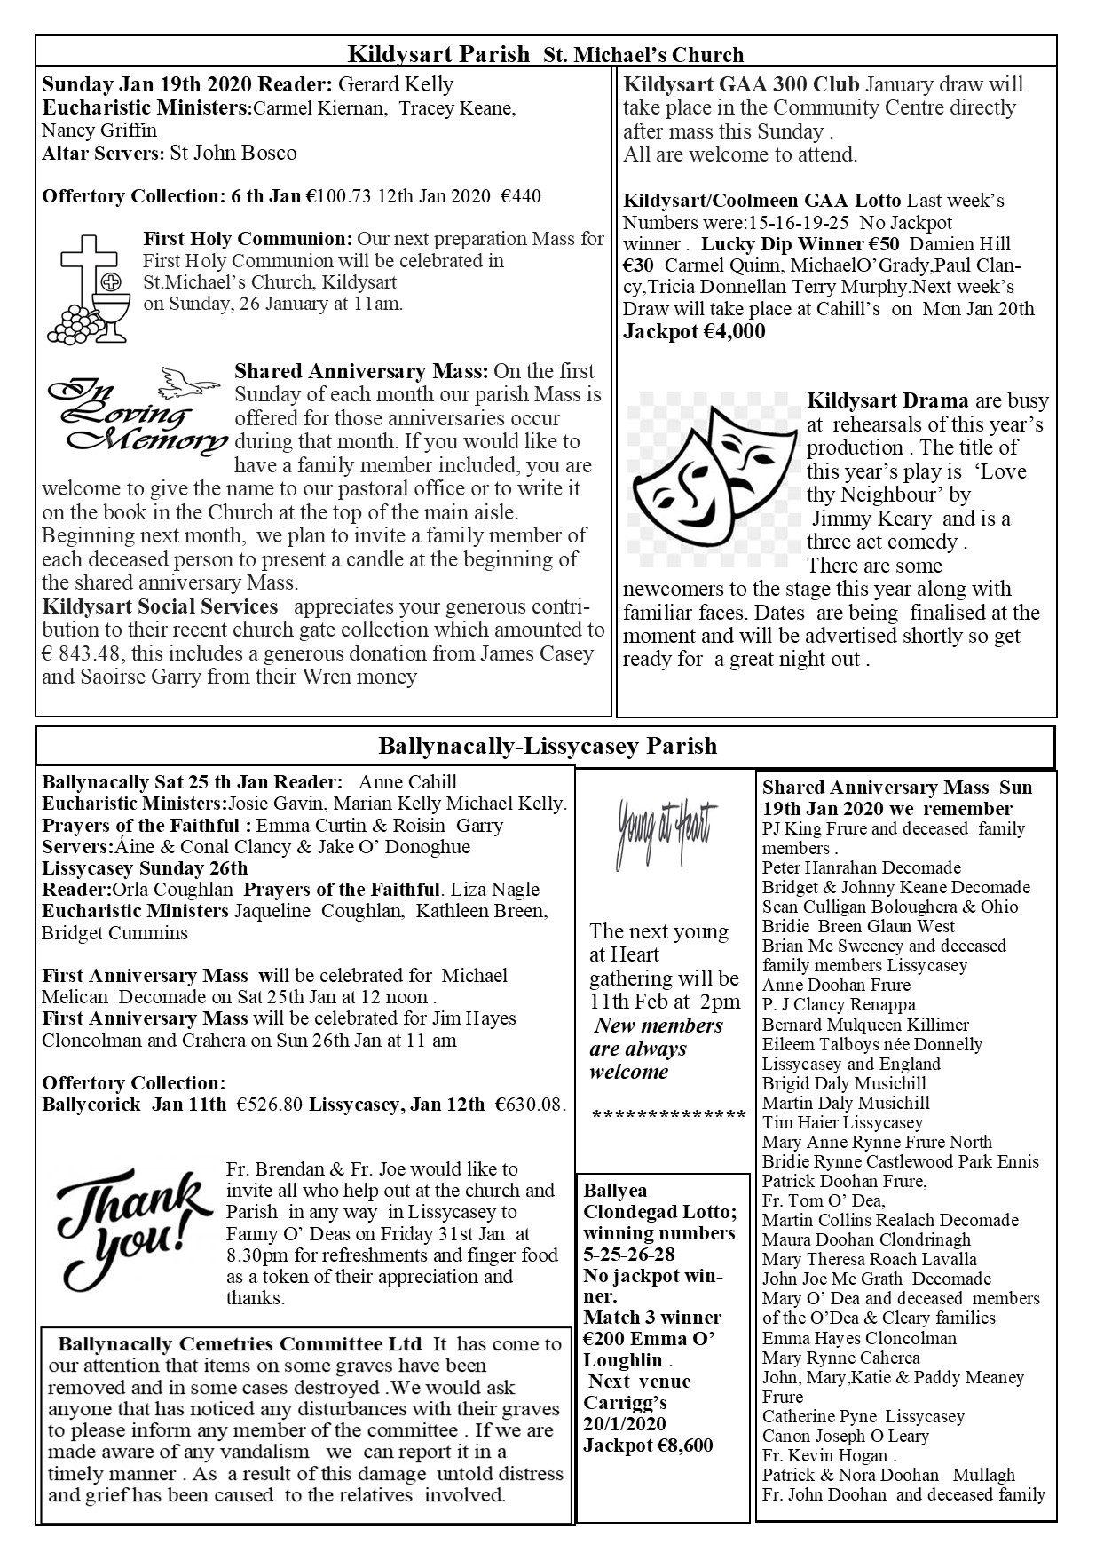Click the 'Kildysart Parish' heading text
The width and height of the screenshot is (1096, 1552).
coord(438,54)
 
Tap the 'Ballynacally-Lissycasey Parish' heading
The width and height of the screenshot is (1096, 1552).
coord(547,746)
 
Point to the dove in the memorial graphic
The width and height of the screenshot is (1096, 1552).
coord(189,380)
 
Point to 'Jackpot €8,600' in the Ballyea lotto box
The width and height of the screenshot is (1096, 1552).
coord(648,1445)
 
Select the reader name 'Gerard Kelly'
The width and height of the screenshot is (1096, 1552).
coord(397,85)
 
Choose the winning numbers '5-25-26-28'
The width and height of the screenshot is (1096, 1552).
coord(628,1254)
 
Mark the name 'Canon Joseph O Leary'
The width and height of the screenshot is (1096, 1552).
coord(845,1436)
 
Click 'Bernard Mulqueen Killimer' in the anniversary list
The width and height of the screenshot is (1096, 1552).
coord(865,1025)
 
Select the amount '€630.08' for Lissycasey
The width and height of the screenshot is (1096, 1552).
coord(529,1105)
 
